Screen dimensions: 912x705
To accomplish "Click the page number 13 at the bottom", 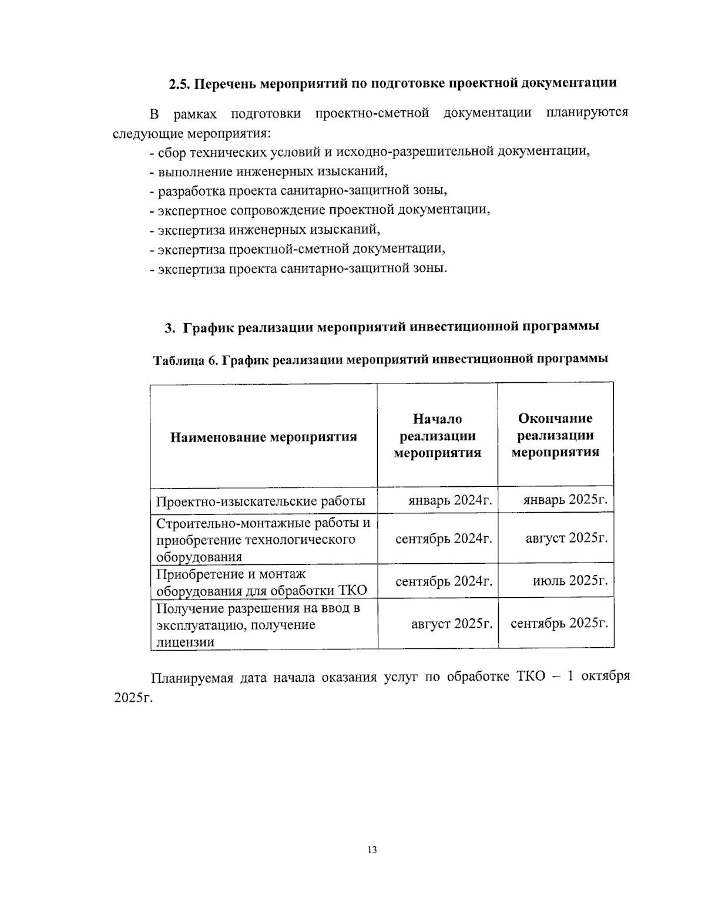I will click(x=371, y=849).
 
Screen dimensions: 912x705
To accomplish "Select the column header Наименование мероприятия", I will click(x=264, y=437).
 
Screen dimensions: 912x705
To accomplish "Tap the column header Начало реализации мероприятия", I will click(x=437, y=435).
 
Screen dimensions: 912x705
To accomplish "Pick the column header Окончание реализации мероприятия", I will click(x=555, y=435).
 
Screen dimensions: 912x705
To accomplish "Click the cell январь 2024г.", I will click(x=450, y=500).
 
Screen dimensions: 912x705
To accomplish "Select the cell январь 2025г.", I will click(x=565, y=500).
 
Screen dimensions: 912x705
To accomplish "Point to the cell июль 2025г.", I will click(x=570, y=581).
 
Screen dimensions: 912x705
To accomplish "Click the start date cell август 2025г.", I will click(x=451, y=623).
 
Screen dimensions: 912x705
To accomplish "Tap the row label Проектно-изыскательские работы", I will click(x=261, y=501).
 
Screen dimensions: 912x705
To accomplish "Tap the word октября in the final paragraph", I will click(x=606, y=676).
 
